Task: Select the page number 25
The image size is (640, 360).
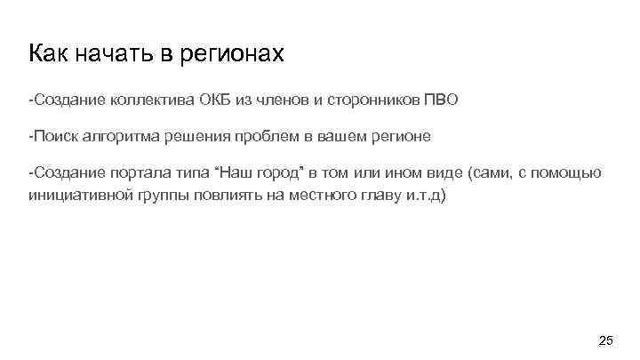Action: [605, 340]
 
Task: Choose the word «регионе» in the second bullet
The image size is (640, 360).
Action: [402, 137]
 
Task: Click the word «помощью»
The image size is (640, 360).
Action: [572, 172]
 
